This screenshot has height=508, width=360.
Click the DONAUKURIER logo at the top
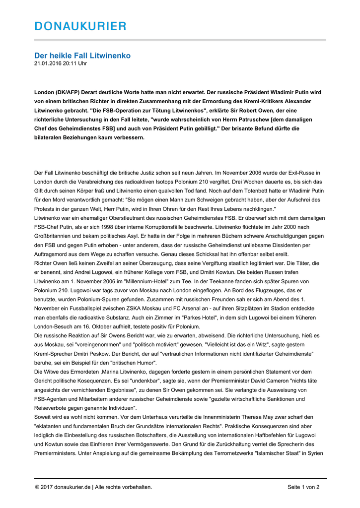coord(80,26)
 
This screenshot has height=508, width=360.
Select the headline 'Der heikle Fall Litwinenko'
coord(82,56)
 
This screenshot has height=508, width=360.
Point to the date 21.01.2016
coord(48,63)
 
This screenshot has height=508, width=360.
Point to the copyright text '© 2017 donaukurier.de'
coord(62,487)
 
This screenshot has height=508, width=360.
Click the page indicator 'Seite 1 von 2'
coord(303,487)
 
